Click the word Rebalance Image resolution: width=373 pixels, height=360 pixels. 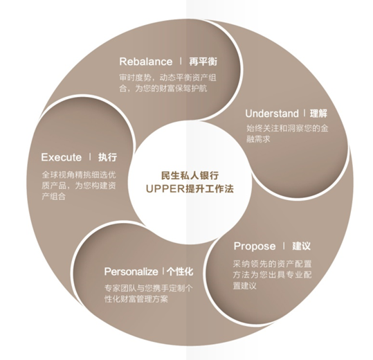pyautogui.click(x=145, y=62)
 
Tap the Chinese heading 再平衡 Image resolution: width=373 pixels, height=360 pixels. pyautogui.click(x=203, y=62)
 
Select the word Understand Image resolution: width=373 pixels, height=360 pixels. pyautogui.click(x=272, y=114)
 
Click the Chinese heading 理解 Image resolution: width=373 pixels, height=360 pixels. pyautogui.click(x=318, y=114)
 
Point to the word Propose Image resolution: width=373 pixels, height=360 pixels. pyautogui.click(x=255, y=246)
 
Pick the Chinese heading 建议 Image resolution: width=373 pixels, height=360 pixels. pyautogui.click(x=302, y=246)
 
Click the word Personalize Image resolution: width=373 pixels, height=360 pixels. pyautogui.click(x=131, y=271)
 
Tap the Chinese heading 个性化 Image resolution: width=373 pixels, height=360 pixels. pyautogui.click(x=180, y=271)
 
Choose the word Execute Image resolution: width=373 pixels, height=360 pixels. pyautogui.click(x=62, y=157)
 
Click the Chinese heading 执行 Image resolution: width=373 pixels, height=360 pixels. pyautogui.click(x=107, y=157)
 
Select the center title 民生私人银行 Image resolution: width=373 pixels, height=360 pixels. pyautogui.click(x=190, y=176)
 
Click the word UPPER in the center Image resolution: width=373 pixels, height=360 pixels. pyautogui.click(x=165, y=189)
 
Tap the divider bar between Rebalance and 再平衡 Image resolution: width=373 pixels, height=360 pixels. pyautogui.click(x=181, y=61)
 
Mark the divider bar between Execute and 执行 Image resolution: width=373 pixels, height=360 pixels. pyautogui.click(x=90, y=156)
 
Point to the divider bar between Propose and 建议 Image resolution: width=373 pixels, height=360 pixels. pyautogui.click(x=284, y=246)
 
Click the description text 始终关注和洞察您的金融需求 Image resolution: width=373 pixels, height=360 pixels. pyautogui.click(x=287, y=134)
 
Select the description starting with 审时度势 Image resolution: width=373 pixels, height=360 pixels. pyautogui.click(x=167, y=83)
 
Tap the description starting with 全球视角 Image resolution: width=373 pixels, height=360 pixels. pyautogui.click(x=79, y=186)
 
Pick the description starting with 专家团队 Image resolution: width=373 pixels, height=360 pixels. pyautogui.click(x=148, y=294)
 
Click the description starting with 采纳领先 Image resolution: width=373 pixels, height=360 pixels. pyautogui.click(x=273, y=275)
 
